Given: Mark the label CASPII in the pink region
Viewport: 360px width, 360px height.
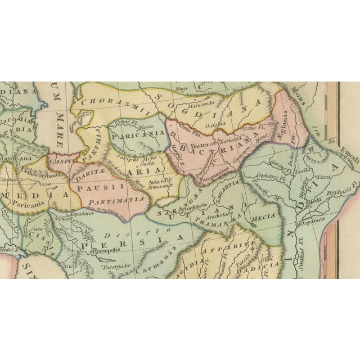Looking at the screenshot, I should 58,160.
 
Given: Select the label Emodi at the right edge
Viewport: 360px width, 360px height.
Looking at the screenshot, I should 350,150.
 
